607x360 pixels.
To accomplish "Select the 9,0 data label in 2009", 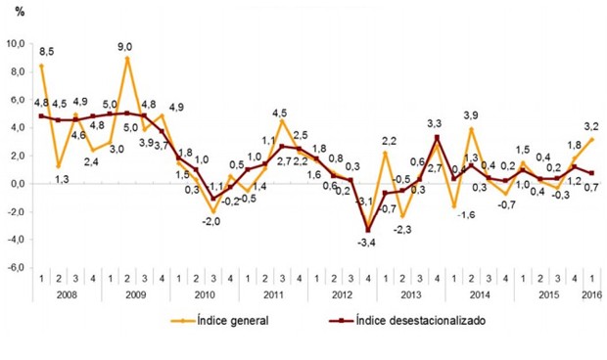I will click(x=127, y=44).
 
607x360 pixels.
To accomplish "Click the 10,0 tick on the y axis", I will click(x=18, y=44).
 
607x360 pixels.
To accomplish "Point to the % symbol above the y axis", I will click(x=20, y=12).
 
